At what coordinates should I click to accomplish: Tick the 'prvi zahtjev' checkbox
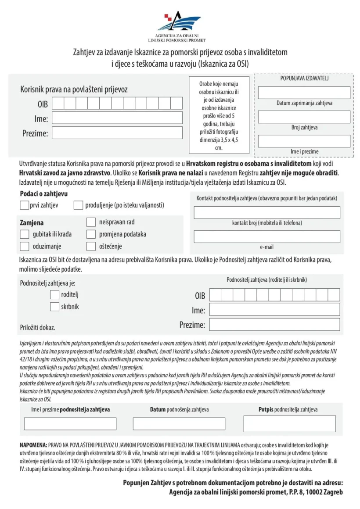(x=25, y=205)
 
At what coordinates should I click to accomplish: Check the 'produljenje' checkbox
(x=79, y=205)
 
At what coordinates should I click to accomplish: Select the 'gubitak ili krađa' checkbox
(x=25, y=234)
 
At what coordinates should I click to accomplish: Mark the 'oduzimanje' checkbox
(x=25, y=246)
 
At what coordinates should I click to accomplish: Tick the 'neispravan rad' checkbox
(x=91, y=222)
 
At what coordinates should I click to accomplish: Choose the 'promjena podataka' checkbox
(x=91, y=234)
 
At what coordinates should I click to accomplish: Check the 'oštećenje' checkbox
(x=91, y=246)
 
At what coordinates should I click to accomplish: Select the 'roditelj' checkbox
(x=54, y=294)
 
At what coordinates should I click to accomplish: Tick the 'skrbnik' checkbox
(x=54, y=307)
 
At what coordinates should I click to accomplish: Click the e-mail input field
(x=267, y=237)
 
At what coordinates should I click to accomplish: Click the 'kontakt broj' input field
(x=267, y=212)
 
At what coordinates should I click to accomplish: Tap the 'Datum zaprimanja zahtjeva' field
(x=304, y=93)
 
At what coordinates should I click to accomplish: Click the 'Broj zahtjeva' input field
(x=304, y=117)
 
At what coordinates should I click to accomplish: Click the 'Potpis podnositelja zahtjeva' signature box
(x=289, y=424)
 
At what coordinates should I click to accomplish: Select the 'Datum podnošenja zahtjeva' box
(x=179, y=423)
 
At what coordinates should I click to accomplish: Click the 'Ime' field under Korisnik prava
(x=117, y=118)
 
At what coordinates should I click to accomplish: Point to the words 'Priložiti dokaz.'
(x=38, y=327)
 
